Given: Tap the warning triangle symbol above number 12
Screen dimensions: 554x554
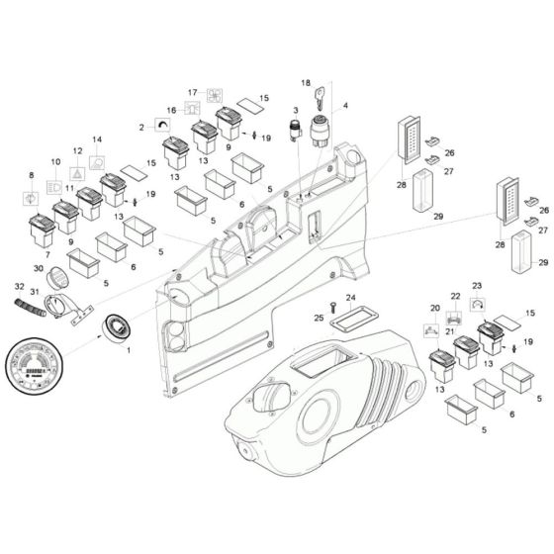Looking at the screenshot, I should [77, 170].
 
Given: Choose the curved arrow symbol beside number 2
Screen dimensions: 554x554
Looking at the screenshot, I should [161, 126].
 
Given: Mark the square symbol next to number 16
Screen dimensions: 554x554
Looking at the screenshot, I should [191, 110].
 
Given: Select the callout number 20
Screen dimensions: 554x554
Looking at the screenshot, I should [435, 308].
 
